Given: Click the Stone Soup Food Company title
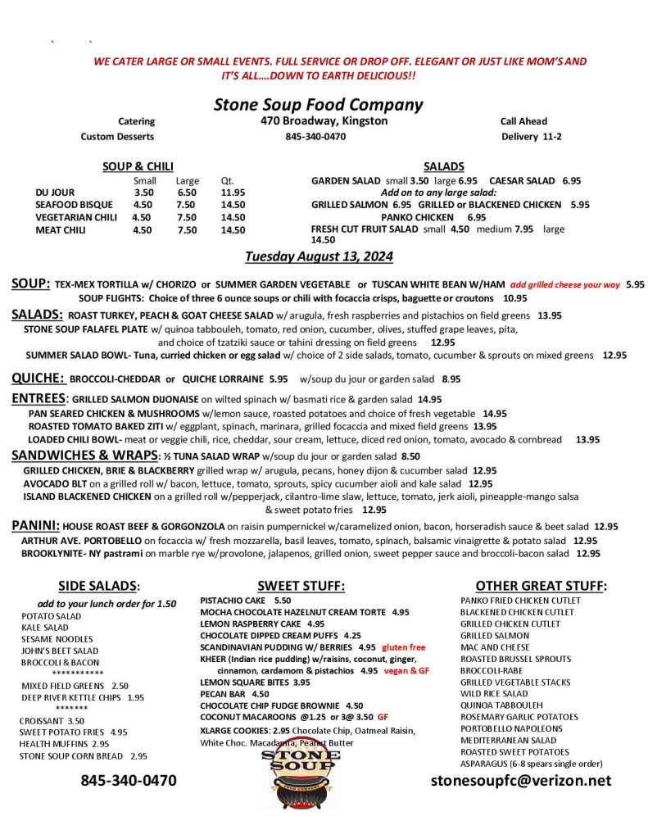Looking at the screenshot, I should [318, 105].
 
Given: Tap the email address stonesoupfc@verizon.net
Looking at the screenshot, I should [521, 780].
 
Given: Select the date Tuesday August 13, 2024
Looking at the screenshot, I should [319, 257].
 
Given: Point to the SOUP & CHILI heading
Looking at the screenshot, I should [138, 166].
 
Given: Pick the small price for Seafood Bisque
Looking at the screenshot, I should [143, 205].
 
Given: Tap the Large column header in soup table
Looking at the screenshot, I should [187, 180].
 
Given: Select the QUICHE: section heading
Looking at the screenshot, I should [38, 379].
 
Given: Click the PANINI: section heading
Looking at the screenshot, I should [35, 525].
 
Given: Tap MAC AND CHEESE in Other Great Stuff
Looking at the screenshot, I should [495, 647].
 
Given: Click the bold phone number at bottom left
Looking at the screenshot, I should [128, 780].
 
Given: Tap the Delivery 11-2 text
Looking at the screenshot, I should [532, 136].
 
